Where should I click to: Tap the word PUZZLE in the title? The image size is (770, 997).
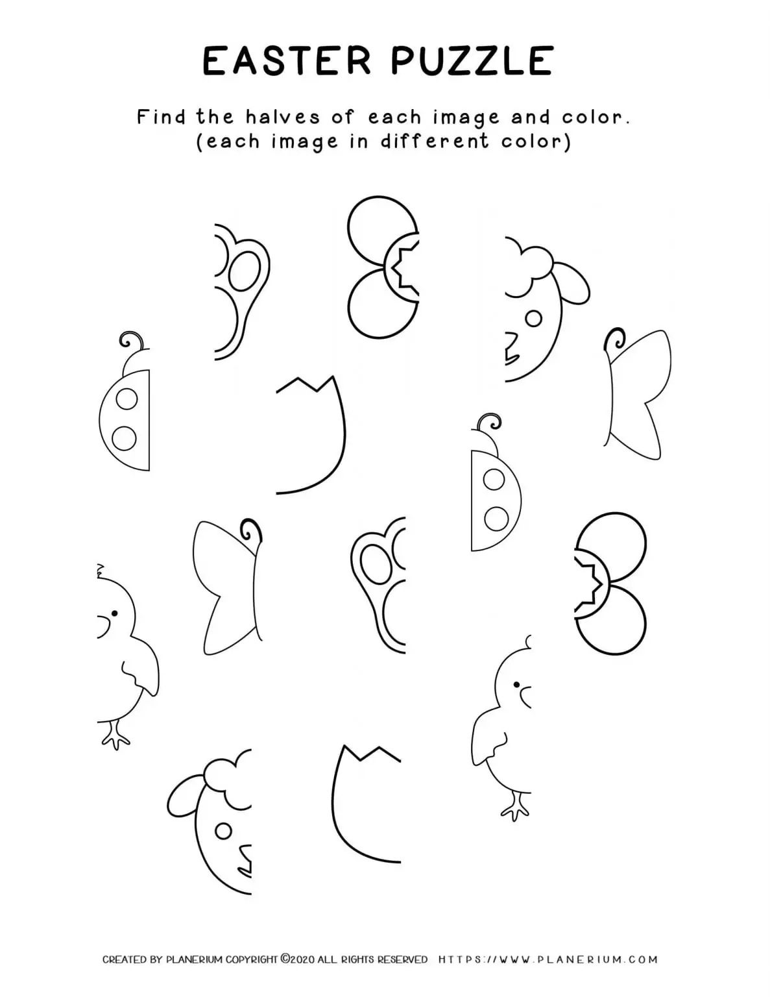(472, 61)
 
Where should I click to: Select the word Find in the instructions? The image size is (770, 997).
(160, 117)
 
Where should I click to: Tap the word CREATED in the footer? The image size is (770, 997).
(124, 959)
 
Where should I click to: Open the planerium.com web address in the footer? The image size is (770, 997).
(548, 959)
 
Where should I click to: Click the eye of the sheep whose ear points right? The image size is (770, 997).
(533, 319)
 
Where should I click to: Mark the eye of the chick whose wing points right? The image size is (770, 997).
(114, 613)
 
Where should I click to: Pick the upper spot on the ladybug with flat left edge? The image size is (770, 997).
(494, 480)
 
